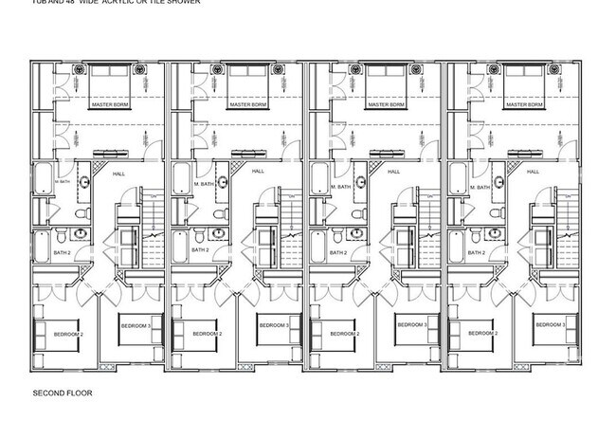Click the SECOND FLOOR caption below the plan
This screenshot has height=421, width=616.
tap(62, 392)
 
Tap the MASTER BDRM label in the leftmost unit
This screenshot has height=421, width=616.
tap(110, 104)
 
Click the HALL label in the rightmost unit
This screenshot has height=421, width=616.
tap(532, 172)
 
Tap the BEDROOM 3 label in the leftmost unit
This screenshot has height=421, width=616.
tap(136, 325)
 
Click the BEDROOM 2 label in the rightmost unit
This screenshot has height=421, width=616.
tap(482, 334)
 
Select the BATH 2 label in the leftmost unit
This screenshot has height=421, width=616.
tap(62, 251)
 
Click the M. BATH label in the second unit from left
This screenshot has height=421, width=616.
tap(204, 185)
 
